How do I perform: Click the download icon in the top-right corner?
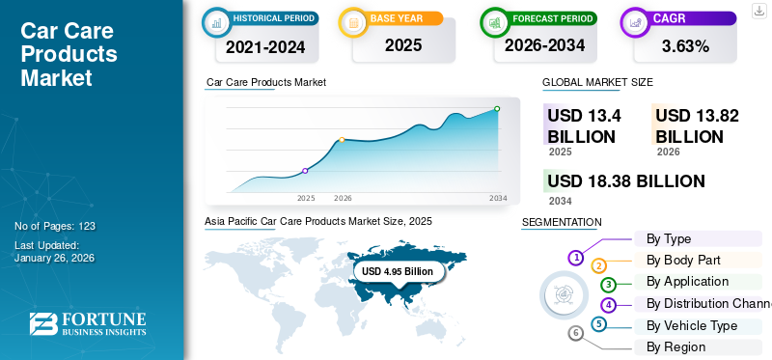click(x=758, y=10)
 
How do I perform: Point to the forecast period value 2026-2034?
click(x=544, y=45)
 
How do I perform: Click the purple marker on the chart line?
click(x=306, y=171)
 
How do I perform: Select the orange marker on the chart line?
click(x=342, y=140)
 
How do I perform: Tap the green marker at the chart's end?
click(x=497, y=109)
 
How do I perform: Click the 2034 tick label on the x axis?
click(x=498, y=198)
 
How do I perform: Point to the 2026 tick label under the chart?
click(x=343, y=198)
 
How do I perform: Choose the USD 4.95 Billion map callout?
click(x=398, y=271)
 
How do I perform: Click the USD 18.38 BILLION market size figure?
click(x=625, y=181)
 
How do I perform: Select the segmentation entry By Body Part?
click(x=682, y=261)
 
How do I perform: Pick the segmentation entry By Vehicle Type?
click(x=691, y=325)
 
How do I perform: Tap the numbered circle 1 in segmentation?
click(x=576, y=258)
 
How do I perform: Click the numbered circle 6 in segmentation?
click(x=576, y=333)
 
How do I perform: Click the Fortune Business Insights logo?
click(x=87, y=324)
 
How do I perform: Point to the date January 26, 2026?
click(x=54, y=258)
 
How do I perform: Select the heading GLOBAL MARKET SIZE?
click(x=597, y=83)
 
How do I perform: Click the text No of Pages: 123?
click(x=55, y=226)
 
